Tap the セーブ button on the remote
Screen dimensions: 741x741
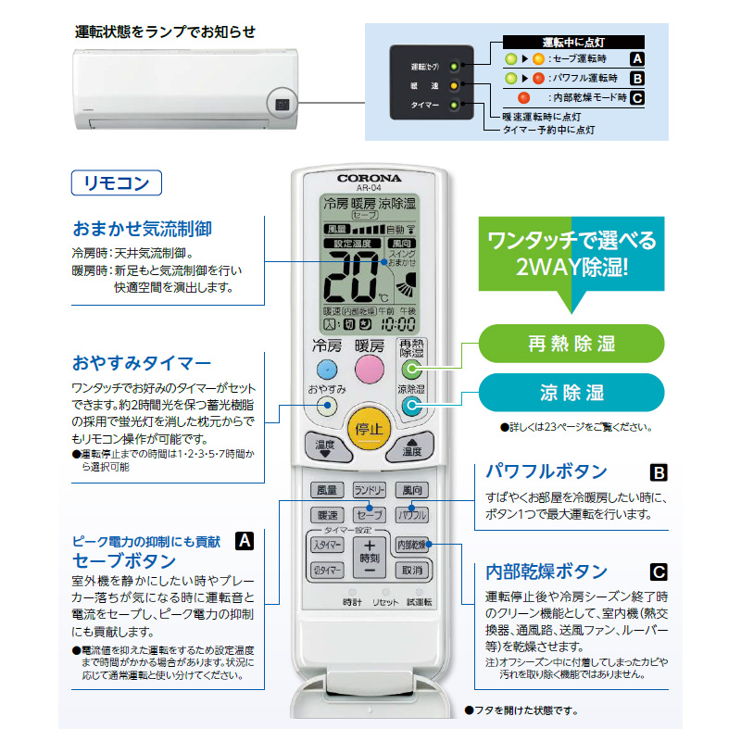click(x=369, y=514)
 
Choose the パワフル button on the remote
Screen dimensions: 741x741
click(x=411, y=514)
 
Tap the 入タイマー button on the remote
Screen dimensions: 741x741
click(x=328, y=545)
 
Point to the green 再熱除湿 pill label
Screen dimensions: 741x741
click(x=571, y=344)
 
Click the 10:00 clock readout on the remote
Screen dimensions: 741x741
click(x=398, y=325)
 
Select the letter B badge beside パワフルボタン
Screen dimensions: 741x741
click(x=659, y=472)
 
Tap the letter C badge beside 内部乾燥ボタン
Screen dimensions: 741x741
click(x=659, y=571)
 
